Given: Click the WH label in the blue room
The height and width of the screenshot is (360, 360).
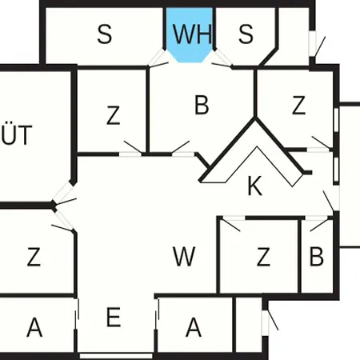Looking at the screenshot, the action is click(x=192, y=34).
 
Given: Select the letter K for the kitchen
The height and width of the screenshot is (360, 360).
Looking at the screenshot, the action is click(x=255, y=186).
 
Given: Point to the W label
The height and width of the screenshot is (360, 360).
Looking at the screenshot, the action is click(x=184, y=256).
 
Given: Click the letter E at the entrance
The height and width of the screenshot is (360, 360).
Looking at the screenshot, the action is click(x=114, y=317).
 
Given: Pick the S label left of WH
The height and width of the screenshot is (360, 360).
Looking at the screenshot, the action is click(x=105, y=34).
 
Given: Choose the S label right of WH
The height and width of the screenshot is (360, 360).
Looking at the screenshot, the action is click(x=246, y=34).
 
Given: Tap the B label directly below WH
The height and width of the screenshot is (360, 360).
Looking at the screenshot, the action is click(x=202, y=105).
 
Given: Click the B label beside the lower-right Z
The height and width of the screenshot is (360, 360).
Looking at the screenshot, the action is click(x=317, y=256).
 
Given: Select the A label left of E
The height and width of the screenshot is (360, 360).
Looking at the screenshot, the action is click(x=34, y=327).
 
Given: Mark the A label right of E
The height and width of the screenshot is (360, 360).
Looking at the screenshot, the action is click(x=194, y=327).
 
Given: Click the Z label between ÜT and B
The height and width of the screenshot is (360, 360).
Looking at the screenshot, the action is click(x=114, y=115).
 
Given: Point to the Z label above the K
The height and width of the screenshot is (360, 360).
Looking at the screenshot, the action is click(x=298, y=105).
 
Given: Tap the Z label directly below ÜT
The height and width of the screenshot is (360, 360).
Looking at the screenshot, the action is click(x=34, y=257).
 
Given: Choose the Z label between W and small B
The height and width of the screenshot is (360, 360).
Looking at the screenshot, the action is click(x=263, y=257).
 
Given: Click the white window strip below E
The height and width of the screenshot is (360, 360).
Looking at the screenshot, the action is click(x=116, y=356).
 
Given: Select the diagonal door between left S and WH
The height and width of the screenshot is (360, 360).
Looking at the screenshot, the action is click(x=158, y=58).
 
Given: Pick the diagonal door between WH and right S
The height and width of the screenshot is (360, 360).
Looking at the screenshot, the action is click(x=222, y=58).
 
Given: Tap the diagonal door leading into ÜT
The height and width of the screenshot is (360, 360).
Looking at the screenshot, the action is click(x=63, y=193).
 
